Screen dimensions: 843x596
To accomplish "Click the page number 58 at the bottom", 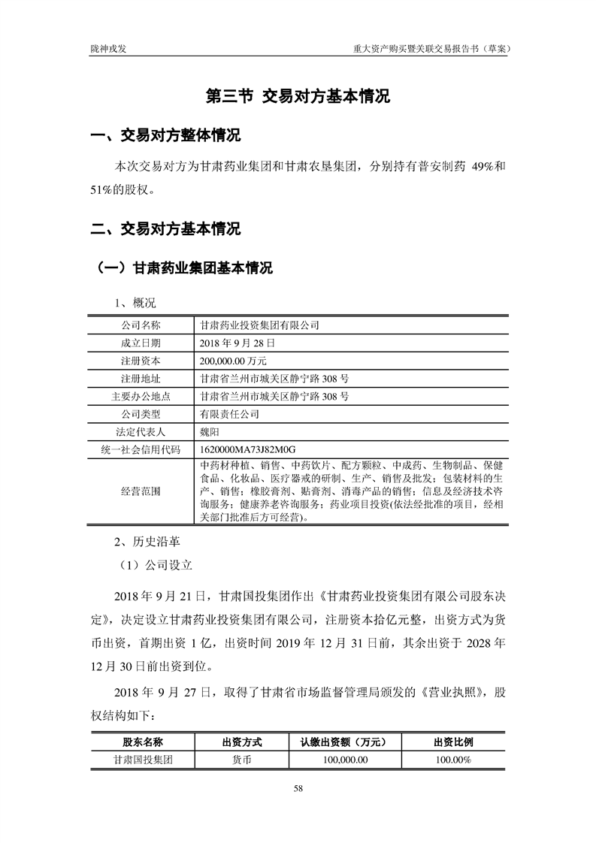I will click(298, 788).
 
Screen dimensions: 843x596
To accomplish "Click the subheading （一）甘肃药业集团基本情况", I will click(181, 268).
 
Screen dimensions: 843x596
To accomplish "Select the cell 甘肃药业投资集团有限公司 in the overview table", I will click(260, 325).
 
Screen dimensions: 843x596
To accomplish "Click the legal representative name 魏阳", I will click(210, 431).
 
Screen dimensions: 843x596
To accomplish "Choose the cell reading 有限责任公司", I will click(229, 413).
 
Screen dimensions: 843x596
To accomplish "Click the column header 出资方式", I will click(242, 742).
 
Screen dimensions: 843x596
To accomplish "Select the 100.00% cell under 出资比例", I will click(453, 760).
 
